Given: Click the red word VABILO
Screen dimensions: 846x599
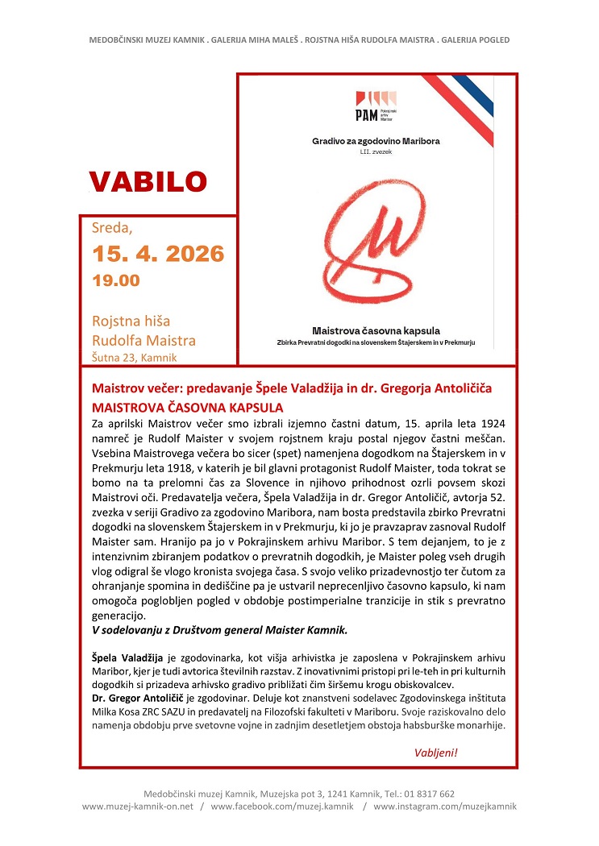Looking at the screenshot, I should pyautogui.click(x=148, y=180).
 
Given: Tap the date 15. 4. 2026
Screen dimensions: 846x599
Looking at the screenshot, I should pyautogui.click(x=158, y=255).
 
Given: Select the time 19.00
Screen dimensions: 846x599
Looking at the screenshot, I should pyautogui.click(x=115, y=281).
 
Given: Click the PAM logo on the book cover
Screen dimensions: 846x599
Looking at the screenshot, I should pyautogui.click(x=376, y=103).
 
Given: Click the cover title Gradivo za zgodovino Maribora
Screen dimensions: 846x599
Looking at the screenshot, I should pyautogui.click(x=376, y=140).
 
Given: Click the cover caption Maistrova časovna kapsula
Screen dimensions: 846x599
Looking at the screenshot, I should pyautogui.click(x=376, y=330).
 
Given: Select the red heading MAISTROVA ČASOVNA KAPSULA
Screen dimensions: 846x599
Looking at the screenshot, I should pyautogui.click(x=188, y=408).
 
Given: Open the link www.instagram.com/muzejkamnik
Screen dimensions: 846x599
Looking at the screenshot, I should pyautogui.click(x=445, y=806).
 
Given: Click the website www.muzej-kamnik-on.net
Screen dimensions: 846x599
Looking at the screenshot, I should pyautogui.click(x=138, y=806).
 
